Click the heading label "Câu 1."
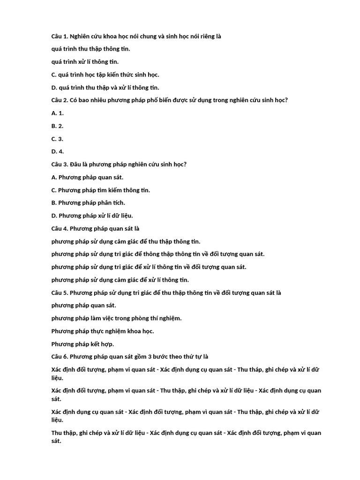tap(60, 36)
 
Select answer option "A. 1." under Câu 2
tap(57, 113)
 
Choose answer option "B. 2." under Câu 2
tap(57, 126)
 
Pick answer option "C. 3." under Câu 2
tap(57, 139)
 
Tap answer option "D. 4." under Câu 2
tap(57, 151)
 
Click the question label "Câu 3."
tap(60, 165)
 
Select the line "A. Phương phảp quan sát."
tap(87, 177)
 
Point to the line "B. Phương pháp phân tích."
tap(88, 203)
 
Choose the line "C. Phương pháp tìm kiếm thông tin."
tap(100, 190)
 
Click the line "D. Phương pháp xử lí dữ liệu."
tap(92, 216)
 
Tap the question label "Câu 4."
tap(60, 229)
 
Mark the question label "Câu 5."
tap(60, 293)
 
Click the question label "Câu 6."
tap(60, 357)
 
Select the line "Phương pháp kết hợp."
tap(82, 344)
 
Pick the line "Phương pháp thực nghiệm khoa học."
tap(102, 331)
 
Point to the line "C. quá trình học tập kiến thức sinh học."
tap(105, 75)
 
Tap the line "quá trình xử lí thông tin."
tap(85, 62)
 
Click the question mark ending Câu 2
tap(286, 100)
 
